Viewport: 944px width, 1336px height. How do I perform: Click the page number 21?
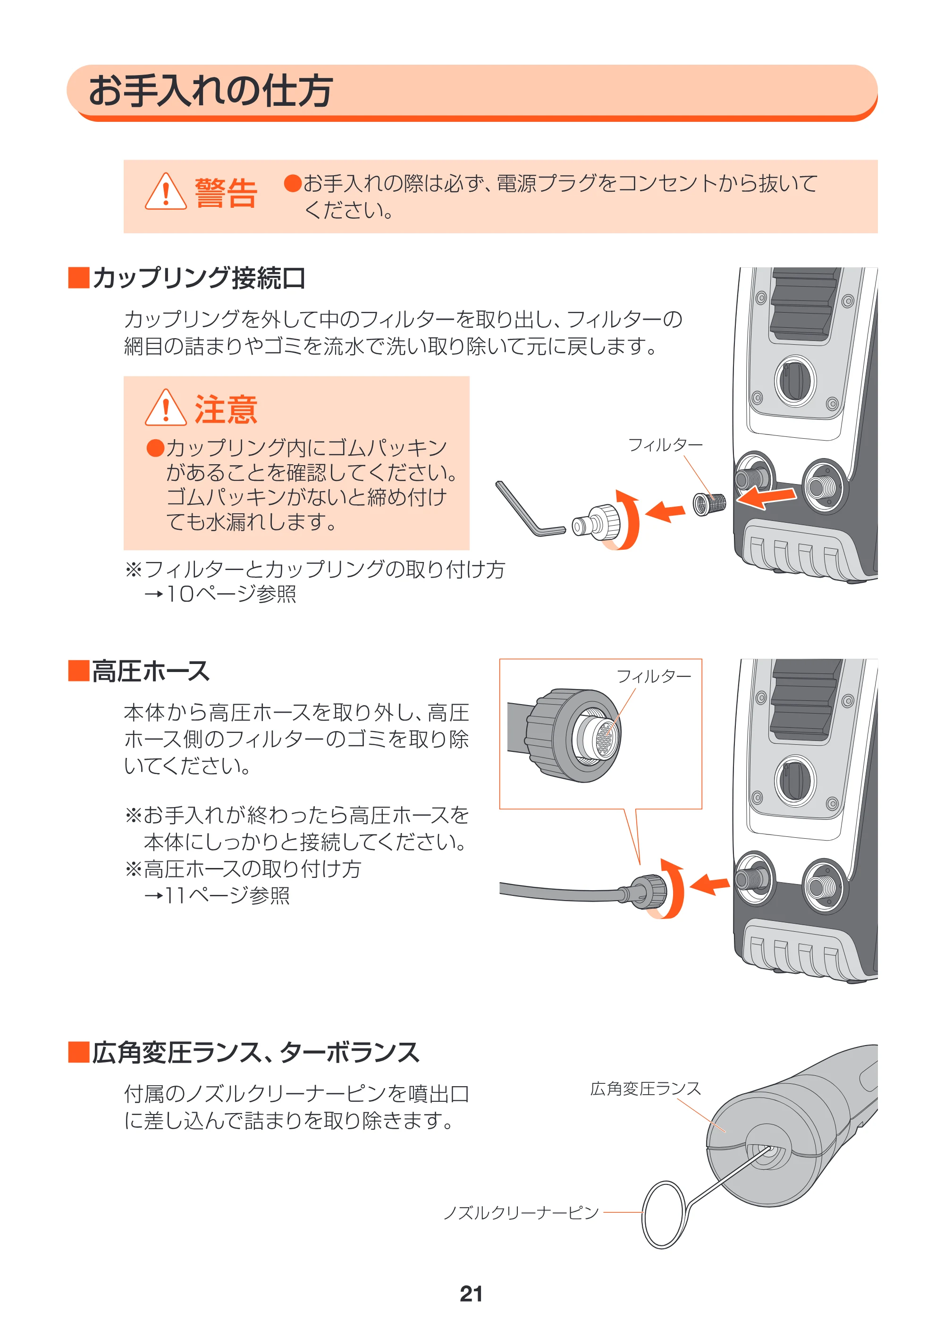click(471, 1293)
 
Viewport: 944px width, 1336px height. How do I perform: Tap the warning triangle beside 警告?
click(166, 191)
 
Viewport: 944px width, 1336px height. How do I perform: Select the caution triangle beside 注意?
click(166, 408)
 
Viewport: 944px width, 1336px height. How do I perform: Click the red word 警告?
click(226, 193)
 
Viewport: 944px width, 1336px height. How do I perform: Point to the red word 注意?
click(226, 409)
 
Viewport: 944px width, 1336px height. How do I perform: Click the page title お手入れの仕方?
click(211, 91)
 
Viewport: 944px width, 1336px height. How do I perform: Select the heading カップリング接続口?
click(198, 278)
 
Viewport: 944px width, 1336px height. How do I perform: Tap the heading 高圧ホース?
click(151, 671)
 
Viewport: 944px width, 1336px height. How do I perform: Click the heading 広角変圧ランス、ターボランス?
click(255, 1052)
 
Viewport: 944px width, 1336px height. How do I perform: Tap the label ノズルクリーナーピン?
click(521, 1213)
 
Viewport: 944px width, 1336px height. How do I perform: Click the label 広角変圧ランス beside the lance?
click(646, 1089)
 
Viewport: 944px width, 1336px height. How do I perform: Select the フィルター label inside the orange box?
click(654, 676)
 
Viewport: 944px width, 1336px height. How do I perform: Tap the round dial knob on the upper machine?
click(795, 381)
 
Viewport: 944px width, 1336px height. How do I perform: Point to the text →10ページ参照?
click(220, 594)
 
